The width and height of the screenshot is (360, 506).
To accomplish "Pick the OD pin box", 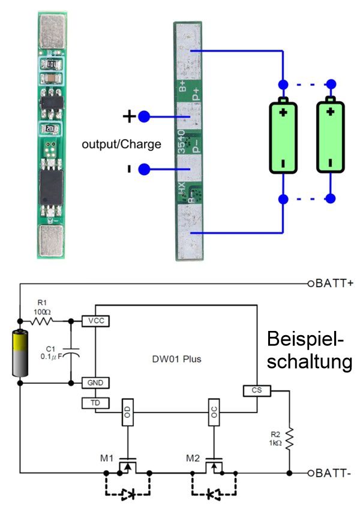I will [x=127, y=412].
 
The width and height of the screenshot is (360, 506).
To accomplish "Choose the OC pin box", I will [x=214, y=412].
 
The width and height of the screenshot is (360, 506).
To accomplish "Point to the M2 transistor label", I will [x=193, y=459].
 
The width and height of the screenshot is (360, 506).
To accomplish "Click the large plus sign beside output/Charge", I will [x=128, y=116].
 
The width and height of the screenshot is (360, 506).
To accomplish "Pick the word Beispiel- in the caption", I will [x=306, y=339].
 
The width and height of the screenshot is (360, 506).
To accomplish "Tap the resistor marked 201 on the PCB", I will [x=52, y=128].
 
